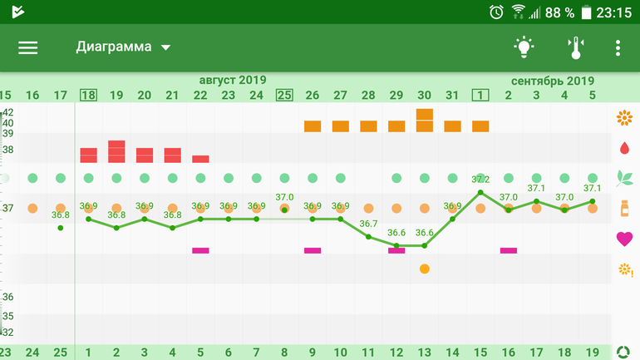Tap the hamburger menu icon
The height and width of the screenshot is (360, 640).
[x=28, y=47]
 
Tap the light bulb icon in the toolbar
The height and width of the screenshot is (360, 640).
[x=523, y=47]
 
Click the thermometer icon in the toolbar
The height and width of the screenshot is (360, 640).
[x=575, y=47]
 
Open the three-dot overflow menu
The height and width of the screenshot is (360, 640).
[x=618, y=47]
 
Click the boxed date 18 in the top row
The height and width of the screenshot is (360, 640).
[x=88, y=95]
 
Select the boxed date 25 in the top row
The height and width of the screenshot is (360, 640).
[x=284, y=95]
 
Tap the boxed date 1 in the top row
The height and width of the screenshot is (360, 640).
[x=480, y=95]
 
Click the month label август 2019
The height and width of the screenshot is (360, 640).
[x=232, y=80]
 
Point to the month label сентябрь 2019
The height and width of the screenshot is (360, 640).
[x=553, y=81]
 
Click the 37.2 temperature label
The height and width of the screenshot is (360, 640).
[x=480, y=180]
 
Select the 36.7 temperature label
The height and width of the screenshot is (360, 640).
[x=368, y=224]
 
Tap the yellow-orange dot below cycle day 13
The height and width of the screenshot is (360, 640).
[x=425, y=269]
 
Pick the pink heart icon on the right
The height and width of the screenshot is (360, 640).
[x=624, y=239]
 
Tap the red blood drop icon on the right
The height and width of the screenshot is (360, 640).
[x=624, y=148]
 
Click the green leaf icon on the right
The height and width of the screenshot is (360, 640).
[x=624, y=177]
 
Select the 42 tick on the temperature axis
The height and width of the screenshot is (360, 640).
[x=7, y=112]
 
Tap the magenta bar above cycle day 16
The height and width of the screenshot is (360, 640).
[x=509, y=249]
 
